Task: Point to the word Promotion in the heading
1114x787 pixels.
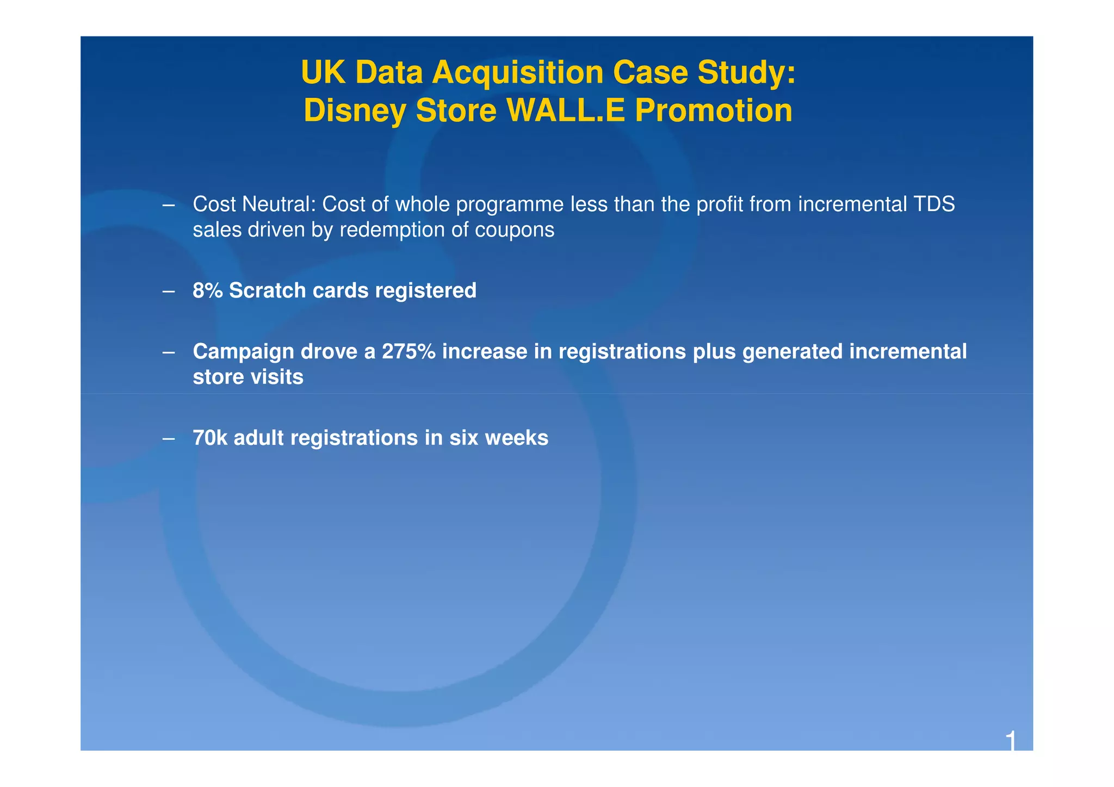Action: [x=713, y=111]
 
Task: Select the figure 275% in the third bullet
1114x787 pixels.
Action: [x=409, y=351]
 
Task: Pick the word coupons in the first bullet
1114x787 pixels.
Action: [x=515, y=231]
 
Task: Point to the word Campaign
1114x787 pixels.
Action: [x=243, y=352]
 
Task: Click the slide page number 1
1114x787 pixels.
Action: [x=1011, y=741]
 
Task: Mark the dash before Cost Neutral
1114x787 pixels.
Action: [x=169, y=206]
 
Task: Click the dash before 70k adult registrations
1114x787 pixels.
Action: [x=169, y=438]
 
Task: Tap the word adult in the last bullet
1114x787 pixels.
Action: [x=258, y=438]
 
